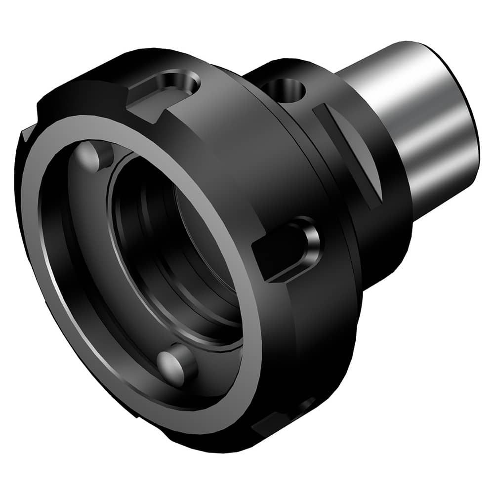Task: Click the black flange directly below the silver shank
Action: point(390,237)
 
